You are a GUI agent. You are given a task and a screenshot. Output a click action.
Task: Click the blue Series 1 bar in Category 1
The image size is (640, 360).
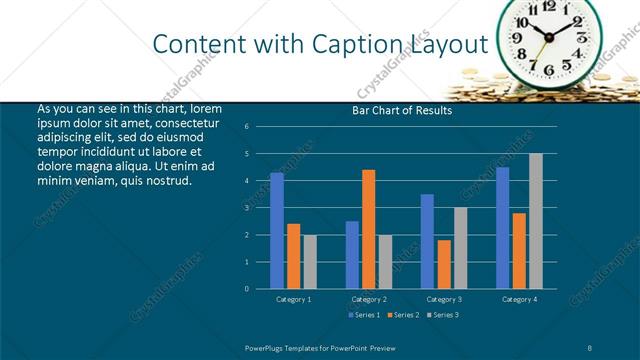(x=277, y=231)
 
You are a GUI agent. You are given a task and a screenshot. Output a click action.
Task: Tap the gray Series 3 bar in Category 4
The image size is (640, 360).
(x=535, y=221)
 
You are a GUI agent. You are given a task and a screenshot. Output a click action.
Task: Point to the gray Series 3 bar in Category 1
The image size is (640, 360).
(x=309, y=261)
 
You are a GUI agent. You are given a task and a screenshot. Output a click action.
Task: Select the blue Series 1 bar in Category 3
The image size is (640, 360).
(x=427, y=241)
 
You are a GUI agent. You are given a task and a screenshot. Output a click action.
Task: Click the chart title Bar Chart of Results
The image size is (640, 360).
(x=402, y=111)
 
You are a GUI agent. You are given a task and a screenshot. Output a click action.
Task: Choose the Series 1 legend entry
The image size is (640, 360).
(x=363, y=315)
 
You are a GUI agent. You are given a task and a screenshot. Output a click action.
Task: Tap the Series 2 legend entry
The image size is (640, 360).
(x=402, y=315)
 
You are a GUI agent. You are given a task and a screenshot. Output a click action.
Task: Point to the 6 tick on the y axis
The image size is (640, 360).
(x=247, y=127)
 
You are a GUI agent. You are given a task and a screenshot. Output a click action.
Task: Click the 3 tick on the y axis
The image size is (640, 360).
(x=247, y=208)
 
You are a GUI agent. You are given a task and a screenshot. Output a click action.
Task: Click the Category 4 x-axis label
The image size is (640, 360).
(x=518, y=299)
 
